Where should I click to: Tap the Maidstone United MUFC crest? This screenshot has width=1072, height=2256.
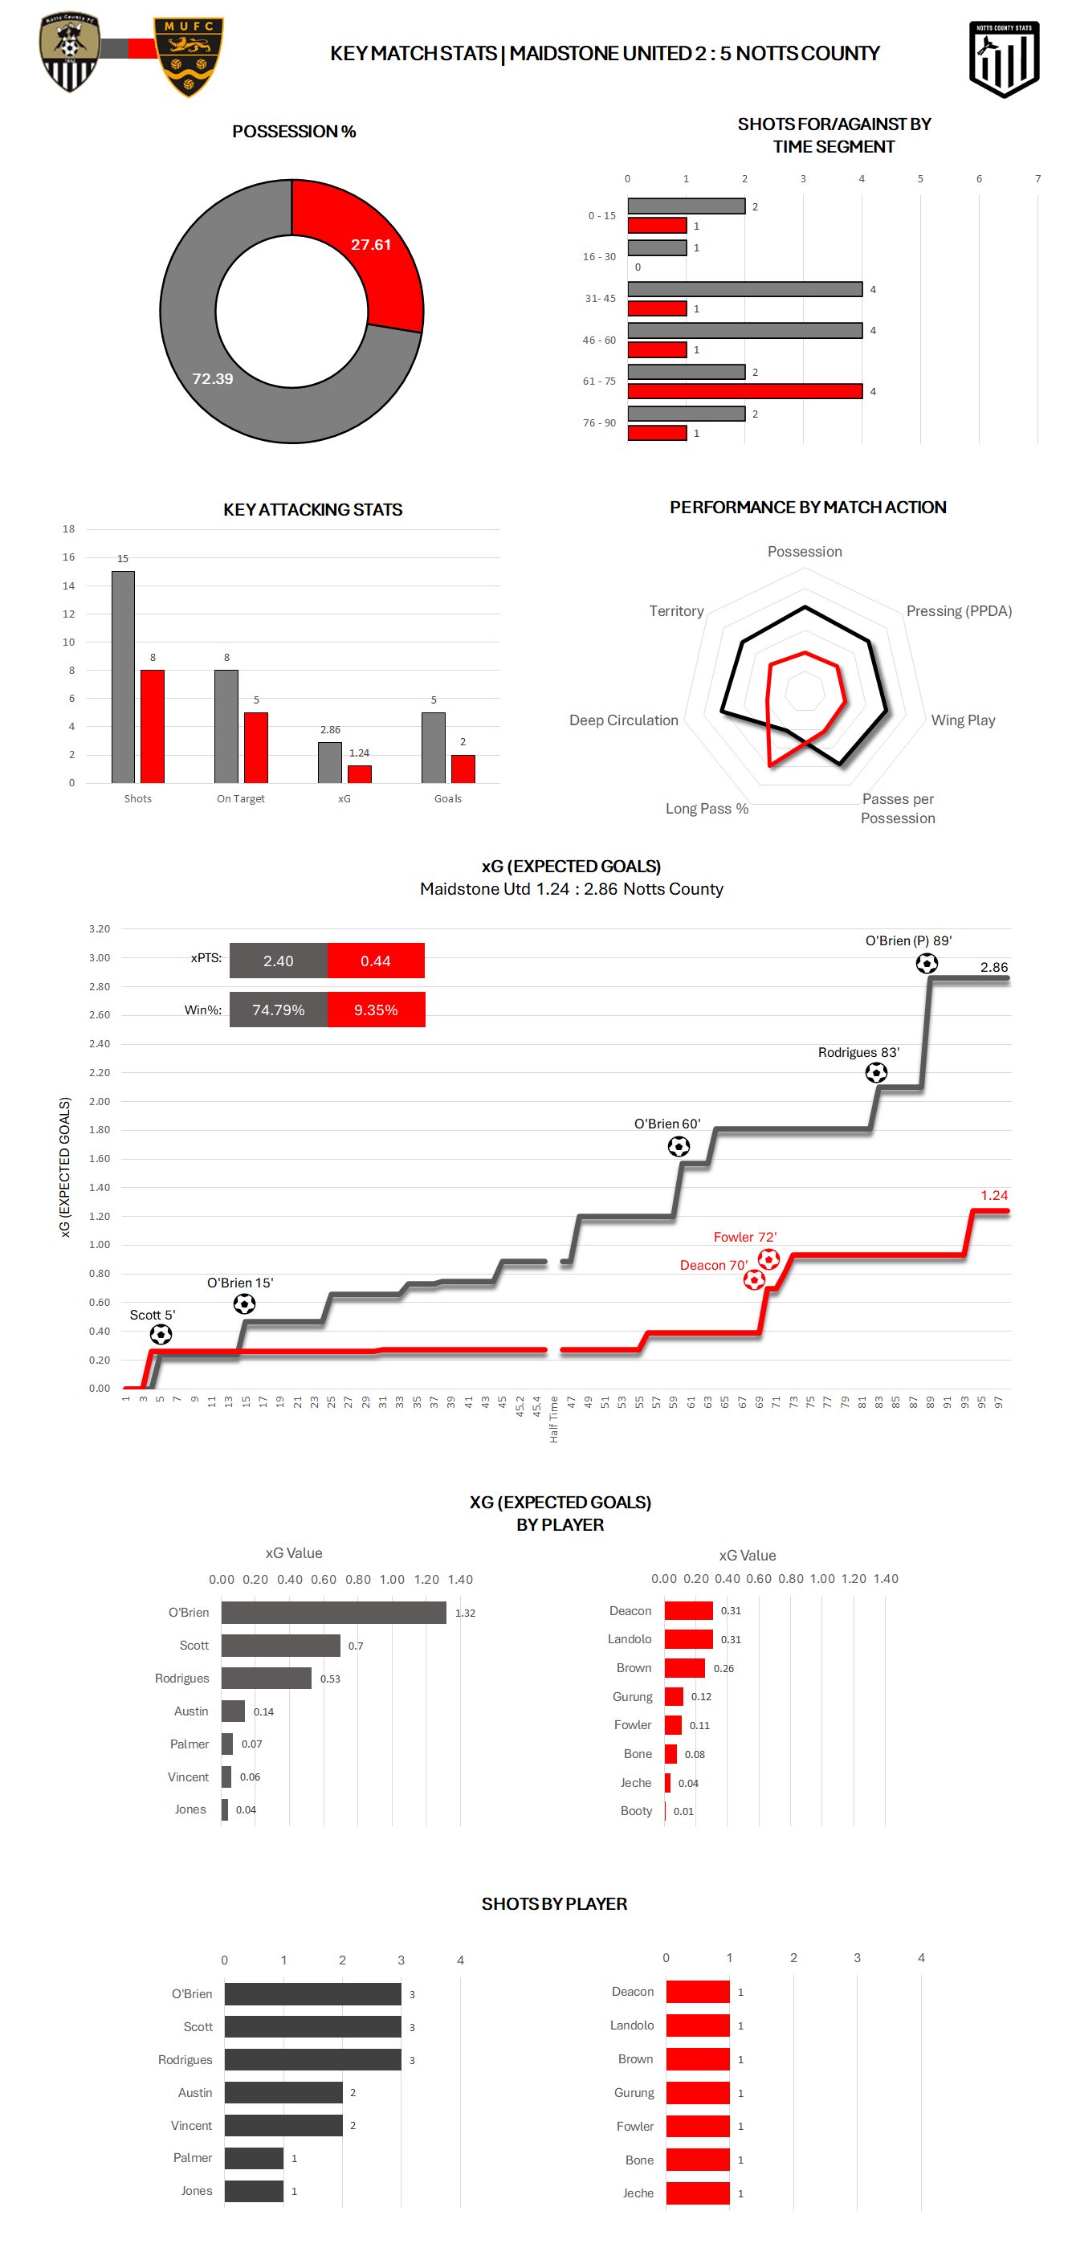(x=188, y=56)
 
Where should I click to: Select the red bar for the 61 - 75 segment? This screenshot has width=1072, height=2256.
(x=744, y=391)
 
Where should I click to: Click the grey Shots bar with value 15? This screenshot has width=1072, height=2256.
(x=123, y=676)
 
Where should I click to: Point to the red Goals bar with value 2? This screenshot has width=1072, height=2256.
(x=463, y=769)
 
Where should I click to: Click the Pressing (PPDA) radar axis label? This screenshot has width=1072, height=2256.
(x=958, y=611)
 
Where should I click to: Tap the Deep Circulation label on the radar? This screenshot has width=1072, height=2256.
(x=624, y=720)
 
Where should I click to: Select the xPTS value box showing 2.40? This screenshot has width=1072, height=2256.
(x=279, y=961)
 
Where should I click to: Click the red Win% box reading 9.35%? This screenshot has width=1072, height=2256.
(x=376, y=1010)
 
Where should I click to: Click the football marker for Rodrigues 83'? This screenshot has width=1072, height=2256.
(x=876, y=1073)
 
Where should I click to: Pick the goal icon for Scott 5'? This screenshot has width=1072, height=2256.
(x=161, y=1334)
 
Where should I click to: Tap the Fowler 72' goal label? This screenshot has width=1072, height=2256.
(x=744, y=1237)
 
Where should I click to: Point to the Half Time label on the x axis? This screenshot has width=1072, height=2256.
(x=553, y=1419)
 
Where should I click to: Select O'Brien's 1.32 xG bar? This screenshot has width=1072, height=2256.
(x=334, y=1613)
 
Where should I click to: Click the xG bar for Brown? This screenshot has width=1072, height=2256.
(x=684, y=1667)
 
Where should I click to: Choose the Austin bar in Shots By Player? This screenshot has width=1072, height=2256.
(x=283, y=2092)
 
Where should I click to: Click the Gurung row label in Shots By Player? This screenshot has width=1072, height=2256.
(x=634, y=2092)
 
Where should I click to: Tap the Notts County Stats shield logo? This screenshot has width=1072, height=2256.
(x=1004, y=58)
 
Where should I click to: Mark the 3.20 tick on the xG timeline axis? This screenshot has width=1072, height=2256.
(x=99, y=928)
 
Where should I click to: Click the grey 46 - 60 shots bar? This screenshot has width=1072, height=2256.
(x=744, y=330)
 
